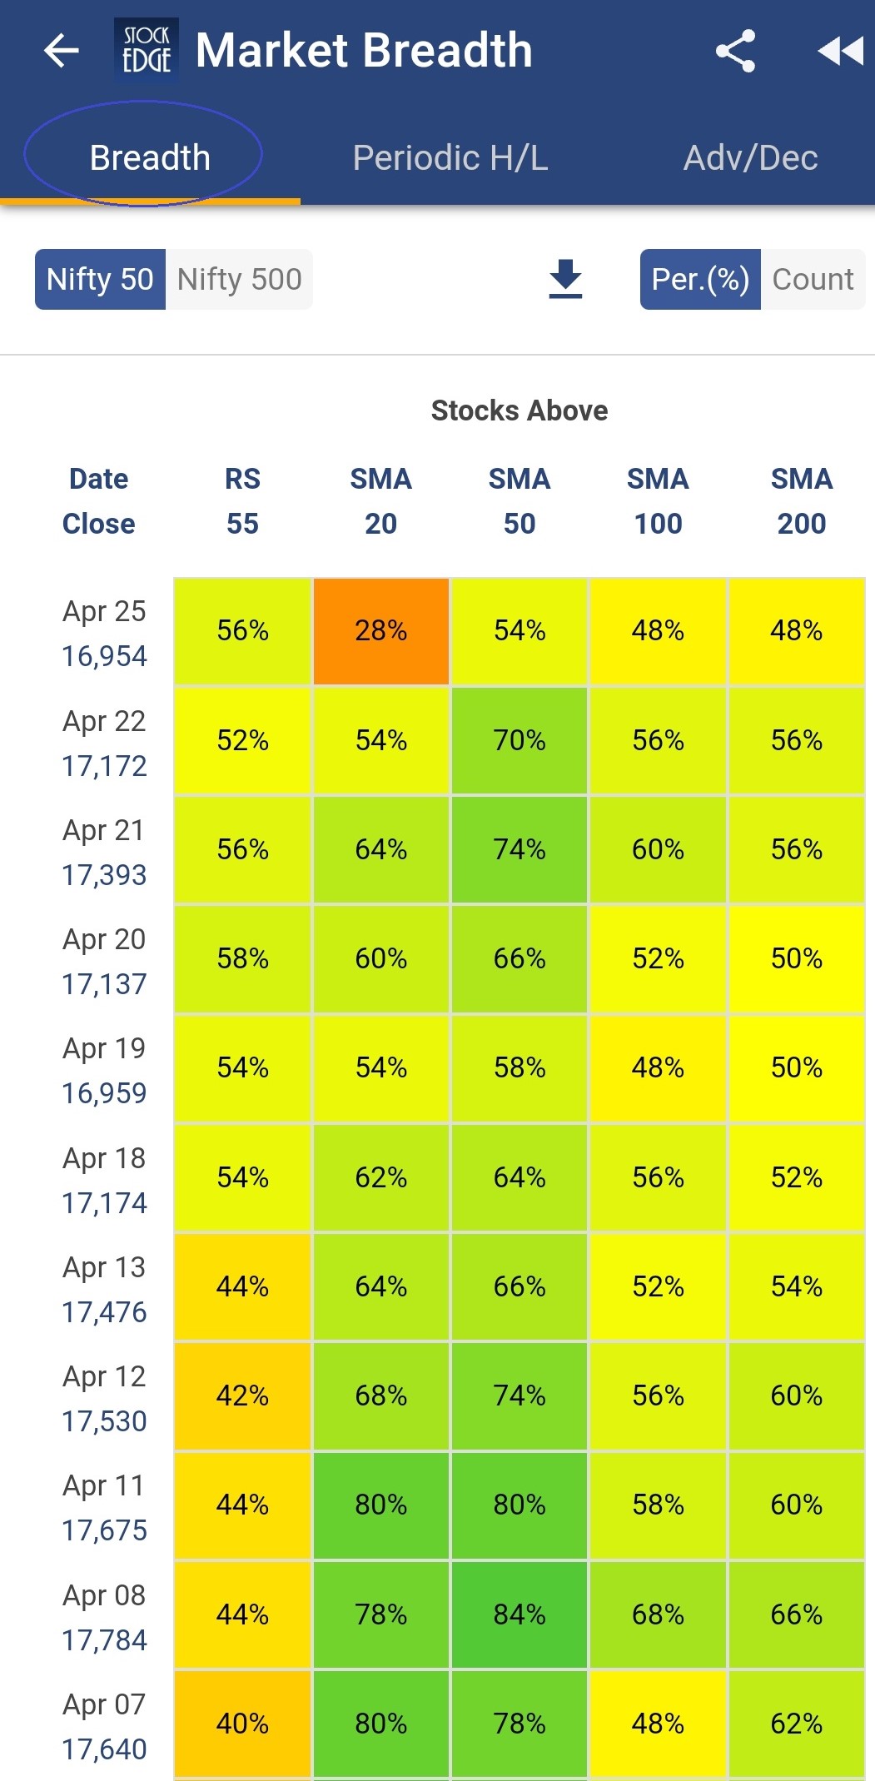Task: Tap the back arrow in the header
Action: point(61,51)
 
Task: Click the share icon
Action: point(735,51)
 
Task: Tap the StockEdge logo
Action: point(147,50)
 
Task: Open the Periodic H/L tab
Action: point(450,157)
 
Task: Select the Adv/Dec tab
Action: point(750,157)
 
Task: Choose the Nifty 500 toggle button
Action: point(239,279)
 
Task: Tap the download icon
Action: point(565,279)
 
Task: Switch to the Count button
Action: point(813,279)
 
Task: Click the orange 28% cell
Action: point(381,631)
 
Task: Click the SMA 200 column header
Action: point(801,501)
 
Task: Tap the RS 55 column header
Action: point(242,501)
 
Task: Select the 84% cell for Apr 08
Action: point(520,1614)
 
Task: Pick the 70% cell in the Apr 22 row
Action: point(520,740)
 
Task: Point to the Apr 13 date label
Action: point(104,1267)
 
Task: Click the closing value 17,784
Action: point(104,1640)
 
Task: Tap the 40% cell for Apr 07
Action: point(242,1724)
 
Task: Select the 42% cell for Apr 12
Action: point(242,1395)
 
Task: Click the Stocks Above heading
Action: point(520,410)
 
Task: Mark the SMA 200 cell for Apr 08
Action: point(797,1614)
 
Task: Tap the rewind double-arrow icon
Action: point(841,51)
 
